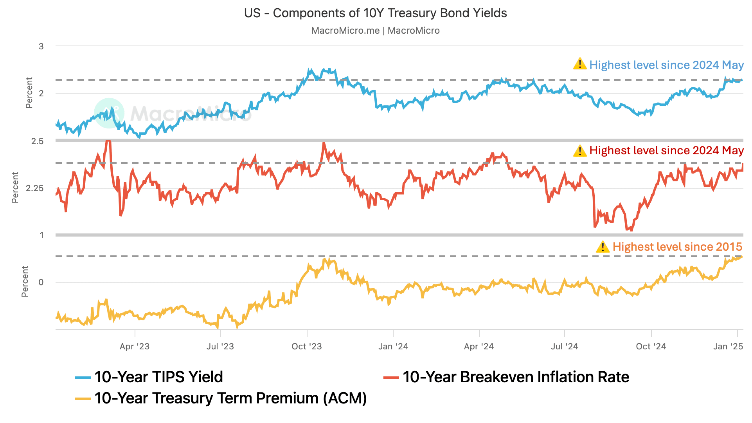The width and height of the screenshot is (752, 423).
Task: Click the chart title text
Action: coord(375,13)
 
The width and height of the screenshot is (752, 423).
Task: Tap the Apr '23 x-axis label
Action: coord(135,346)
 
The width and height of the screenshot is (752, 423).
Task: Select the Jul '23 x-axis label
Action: coord(220,346)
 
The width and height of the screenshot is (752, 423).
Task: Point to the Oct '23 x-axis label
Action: coord(307,346)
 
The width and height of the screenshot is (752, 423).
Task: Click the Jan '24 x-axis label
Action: coord(393,346)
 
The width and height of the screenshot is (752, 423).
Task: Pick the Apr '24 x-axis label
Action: coord(479,346)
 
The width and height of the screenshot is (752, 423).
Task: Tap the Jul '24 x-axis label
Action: coord(564,346)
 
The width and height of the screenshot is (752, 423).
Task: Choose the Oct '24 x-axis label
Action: coord(651,346)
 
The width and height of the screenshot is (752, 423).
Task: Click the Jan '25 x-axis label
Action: coord(728,346)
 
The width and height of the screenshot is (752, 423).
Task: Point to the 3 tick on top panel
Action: coord(41,46)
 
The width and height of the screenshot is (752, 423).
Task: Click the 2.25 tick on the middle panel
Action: coord(34,188)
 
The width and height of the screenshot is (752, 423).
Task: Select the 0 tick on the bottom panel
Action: coord(41,282)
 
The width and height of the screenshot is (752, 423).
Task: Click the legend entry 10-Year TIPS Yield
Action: coord(158,377)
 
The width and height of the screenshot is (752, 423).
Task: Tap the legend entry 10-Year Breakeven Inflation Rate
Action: coord(516,377)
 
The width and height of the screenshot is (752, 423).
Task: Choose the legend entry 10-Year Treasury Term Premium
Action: coord(230,398)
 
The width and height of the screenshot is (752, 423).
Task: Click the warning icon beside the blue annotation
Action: coord(579,64)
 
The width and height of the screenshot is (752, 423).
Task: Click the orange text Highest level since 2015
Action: coord(677,247)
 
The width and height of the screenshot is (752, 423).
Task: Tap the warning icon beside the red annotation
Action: coord(579,150)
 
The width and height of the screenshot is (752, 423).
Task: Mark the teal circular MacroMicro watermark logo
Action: coord(109,113)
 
